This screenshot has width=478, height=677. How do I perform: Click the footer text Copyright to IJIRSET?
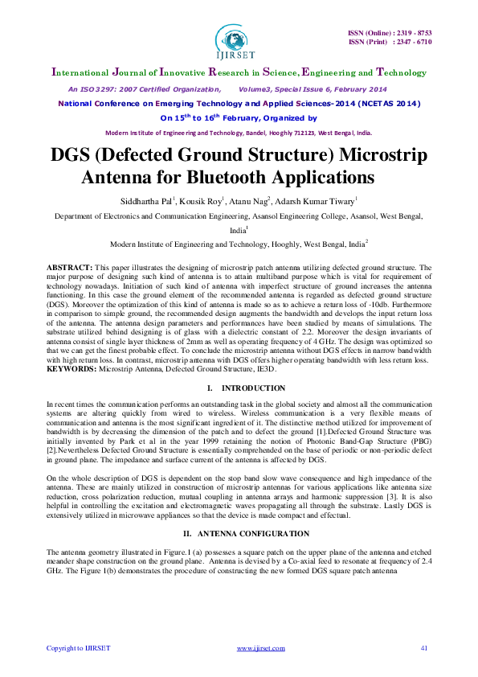pos(78,648)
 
